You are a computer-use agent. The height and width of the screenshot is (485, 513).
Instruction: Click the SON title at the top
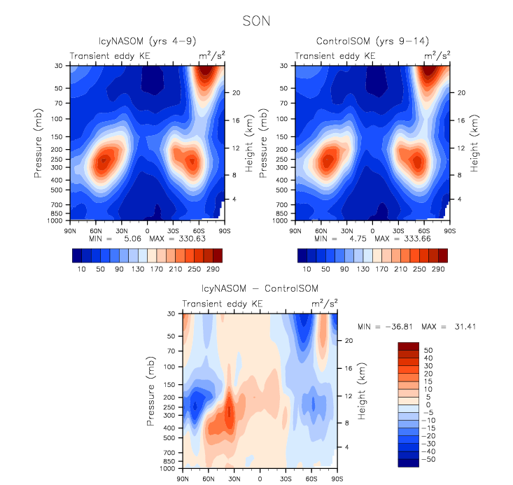(x=256, y=20)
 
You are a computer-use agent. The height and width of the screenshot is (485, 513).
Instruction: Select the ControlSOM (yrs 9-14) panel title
(x=372, y=41)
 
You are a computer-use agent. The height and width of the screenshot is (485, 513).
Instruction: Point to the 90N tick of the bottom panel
(x=183, y=479)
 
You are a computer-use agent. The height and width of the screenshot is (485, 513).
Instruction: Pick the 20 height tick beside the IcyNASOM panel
(x=237, y=92)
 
